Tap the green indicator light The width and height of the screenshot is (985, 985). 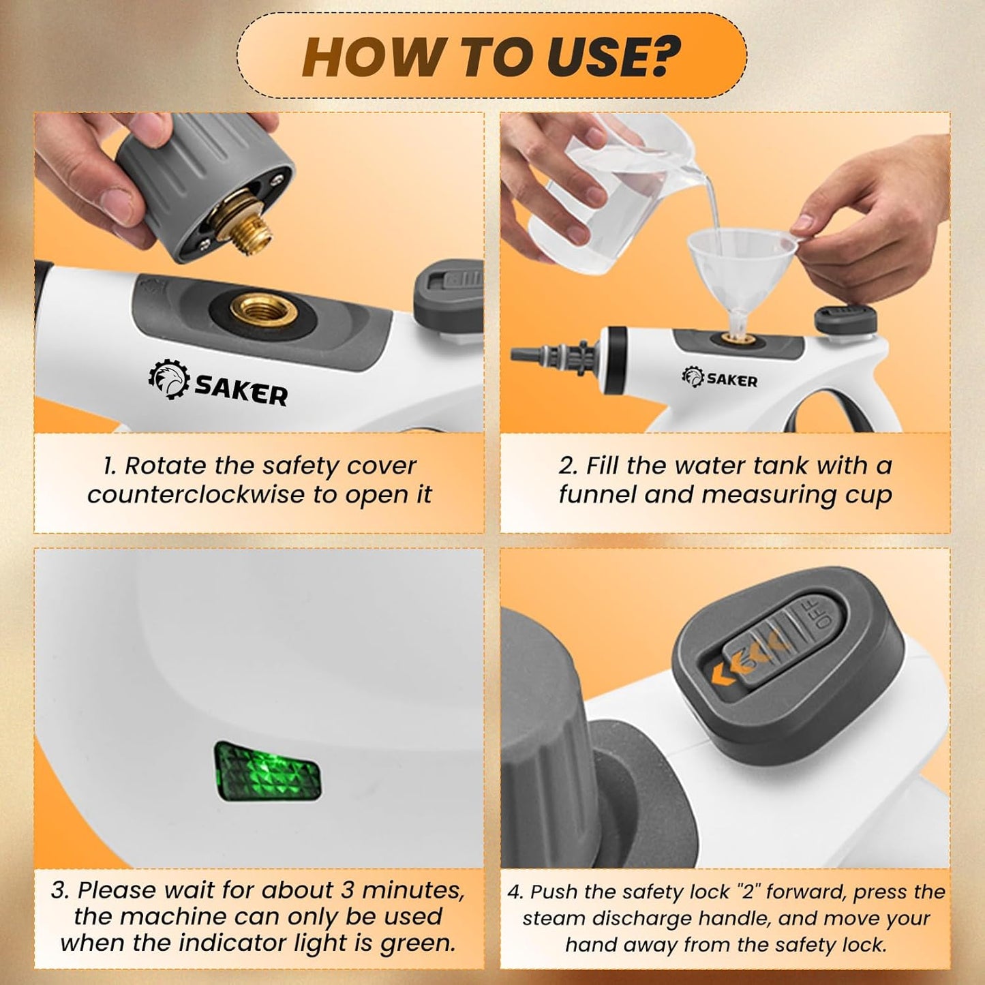tap(268, 771)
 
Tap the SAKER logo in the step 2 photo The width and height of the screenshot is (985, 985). tap(720, 378)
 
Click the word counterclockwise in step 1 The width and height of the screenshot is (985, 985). tap(198, 495)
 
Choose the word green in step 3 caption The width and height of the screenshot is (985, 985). tap(417, 943)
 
